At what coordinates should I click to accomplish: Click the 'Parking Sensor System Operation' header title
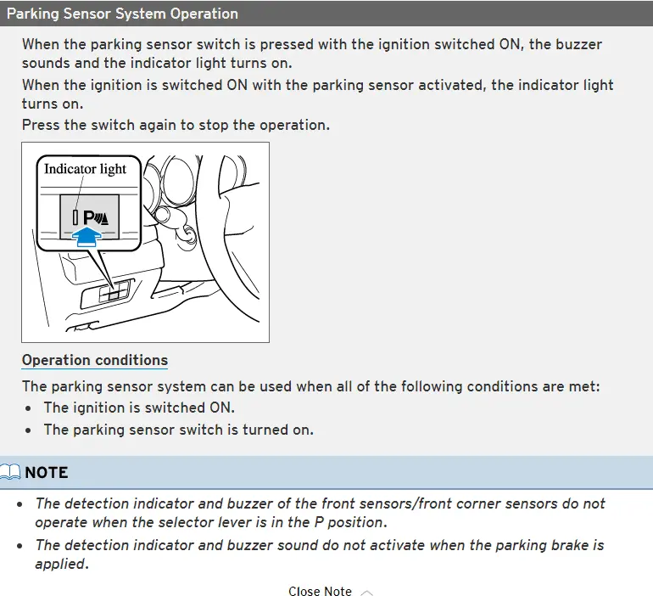pyautogui.click(x=122, y=14)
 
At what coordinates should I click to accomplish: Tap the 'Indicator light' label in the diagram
pyautogui.click(x=85, y=169)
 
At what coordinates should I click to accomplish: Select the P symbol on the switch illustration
pyautogui.click(x=89, y=217)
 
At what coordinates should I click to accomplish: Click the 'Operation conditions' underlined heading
pyautogui.click(x=95, y=360)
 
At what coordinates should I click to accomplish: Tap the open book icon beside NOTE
pyautogui.click(x=12, y=473)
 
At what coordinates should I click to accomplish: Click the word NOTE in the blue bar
pyautogui.click(x=47, y=473)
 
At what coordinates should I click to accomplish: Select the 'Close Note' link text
pyautogui.click(x=320, y=592)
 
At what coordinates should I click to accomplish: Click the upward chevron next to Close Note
pyautogui.click(x=366, y=592)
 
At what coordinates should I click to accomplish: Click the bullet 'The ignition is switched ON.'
pyautogui.click(x=139, y=408)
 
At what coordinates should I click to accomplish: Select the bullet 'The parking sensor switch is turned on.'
pyautogui.click(x=178, y=430)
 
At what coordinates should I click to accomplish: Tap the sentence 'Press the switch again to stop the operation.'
pyautogui.click(x=176, y=125)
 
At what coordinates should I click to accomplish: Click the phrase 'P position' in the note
pyautogui.click(x=349, y=522)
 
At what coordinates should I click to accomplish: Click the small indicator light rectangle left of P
pyautogui.click(x=75, y=217)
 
